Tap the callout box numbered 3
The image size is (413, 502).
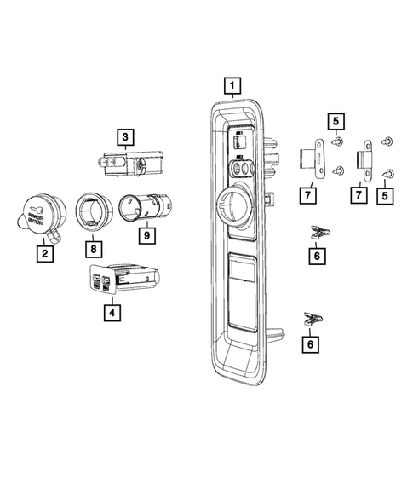[x=124, y=136]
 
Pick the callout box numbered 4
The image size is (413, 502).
[x=110, y=313]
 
